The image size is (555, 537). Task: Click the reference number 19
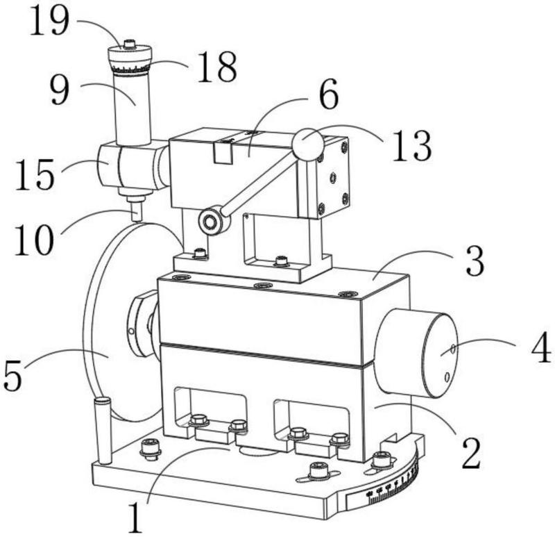[49, 21]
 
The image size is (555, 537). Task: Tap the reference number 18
[217, 67]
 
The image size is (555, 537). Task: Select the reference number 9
[60, 91]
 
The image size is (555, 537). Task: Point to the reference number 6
[329, 94]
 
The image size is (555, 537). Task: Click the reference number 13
[412, 145]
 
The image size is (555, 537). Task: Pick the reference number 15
[35, 174]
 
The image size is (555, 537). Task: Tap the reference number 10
[34, 240]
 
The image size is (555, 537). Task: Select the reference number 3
[475, 261]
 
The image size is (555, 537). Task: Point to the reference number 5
[12, 376]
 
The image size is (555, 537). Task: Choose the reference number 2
[471, 454]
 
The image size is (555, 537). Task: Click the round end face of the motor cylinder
[440, 355]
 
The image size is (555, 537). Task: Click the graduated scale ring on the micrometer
[130, 68]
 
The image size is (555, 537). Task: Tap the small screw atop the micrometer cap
[130, 44]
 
